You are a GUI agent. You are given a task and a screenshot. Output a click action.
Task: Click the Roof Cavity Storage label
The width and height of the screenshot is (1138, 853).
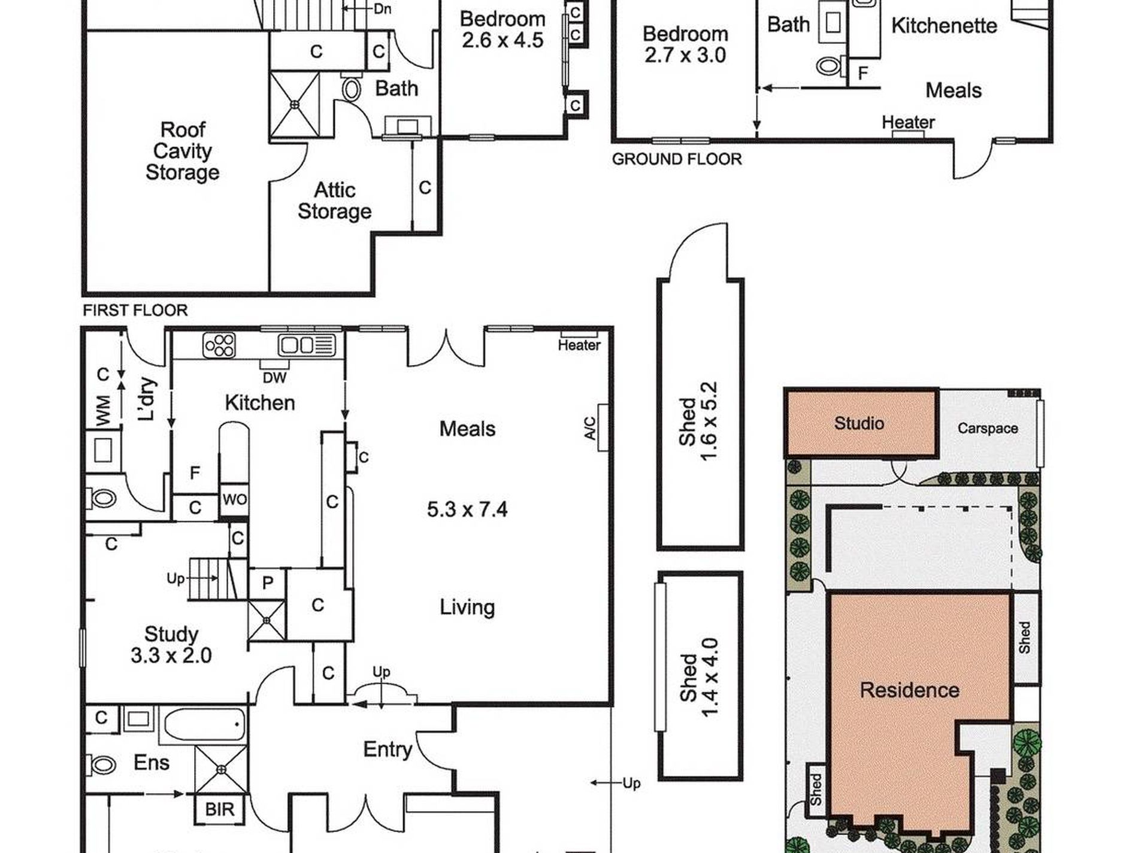pyautogui.click(x=183, y=151)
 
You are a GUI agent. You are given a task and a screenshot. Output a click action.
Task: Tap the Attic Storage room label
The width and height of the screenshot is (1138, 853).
pyautogui.click(x=335, y=201)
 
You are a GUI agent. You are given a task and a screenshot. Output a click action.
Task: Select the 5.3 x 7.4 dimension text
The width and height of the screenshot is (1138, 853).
pyautogui.click(x=467, y=509)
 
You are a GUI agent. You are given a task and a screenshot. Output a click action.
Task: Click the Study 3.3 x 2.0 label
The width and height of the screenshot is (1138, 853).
pyautogui.click(x=171, y=644)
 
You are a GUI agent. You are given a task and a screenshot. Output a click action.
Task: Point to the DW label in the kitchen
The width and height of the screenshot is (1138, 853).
pyautogui.click(x=274, y=377)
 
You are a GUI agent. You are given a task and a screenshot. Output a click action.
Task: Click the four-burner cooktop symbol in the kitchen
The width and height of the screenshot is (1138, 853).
pyautogui.click(x=219, y=345)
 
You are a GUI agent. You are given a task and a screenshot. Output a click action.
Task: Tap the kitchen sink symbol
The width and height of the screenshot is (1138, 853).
pyautogui.click(x=306, y=345)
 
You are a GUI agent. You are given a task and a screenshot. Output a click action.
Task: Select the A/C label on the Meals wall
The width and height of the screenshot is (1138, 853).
pyautogui.click(x=590, y=428)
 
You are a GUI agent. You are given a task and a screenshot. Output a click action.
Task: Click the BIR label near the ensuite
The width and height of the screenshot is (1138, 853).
pyautogui.click(x=220, y=809)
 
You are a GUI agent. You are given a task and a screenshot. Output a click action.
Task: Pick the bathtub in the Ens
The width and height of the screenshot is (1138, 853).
pyautogui.click(x=204, y=725)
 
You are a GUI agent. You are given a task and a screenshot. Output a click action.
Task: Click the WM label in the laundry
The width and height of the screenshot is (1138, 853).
pyautogui.click(x=103, y=411)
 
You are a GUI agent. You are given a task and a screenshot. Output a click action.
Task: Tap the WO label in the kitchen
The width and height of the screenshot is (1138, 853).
pyautogui.click(x=234, y=499)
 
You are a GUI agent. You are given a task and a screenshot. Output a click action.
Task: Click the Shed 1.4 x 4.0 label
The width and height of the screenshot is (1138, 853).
pyautogui.click(x=698, y=678)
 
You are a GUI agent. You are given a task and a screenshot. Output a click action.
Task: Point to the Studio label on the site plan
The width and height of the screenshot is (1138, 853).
pyautogui.click(x=859, y=423)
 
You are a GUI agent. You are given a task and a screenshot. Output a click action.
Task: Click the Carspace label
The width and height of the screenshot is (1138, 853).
pyautogui.click(x=988, y=429)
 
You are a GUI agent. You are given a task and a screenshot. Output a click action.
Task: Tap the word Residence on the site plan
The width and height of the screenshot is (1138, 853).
pyautogui.click(x=909, y=690)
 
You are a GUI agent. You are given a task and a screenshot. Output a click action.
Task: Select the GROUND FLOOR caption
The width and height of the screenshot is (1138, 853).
pyautogui.click(x=677, y=159)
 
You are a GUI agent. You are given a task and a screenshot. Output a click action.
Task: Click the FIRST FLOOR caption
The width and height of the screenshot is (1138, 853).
pyautogui.click(x=135, y=310)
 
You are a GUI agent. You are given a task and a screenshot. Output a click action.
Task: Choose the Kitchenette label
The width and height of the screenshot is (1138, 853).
pyautogui.click(x=944, y=26)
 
